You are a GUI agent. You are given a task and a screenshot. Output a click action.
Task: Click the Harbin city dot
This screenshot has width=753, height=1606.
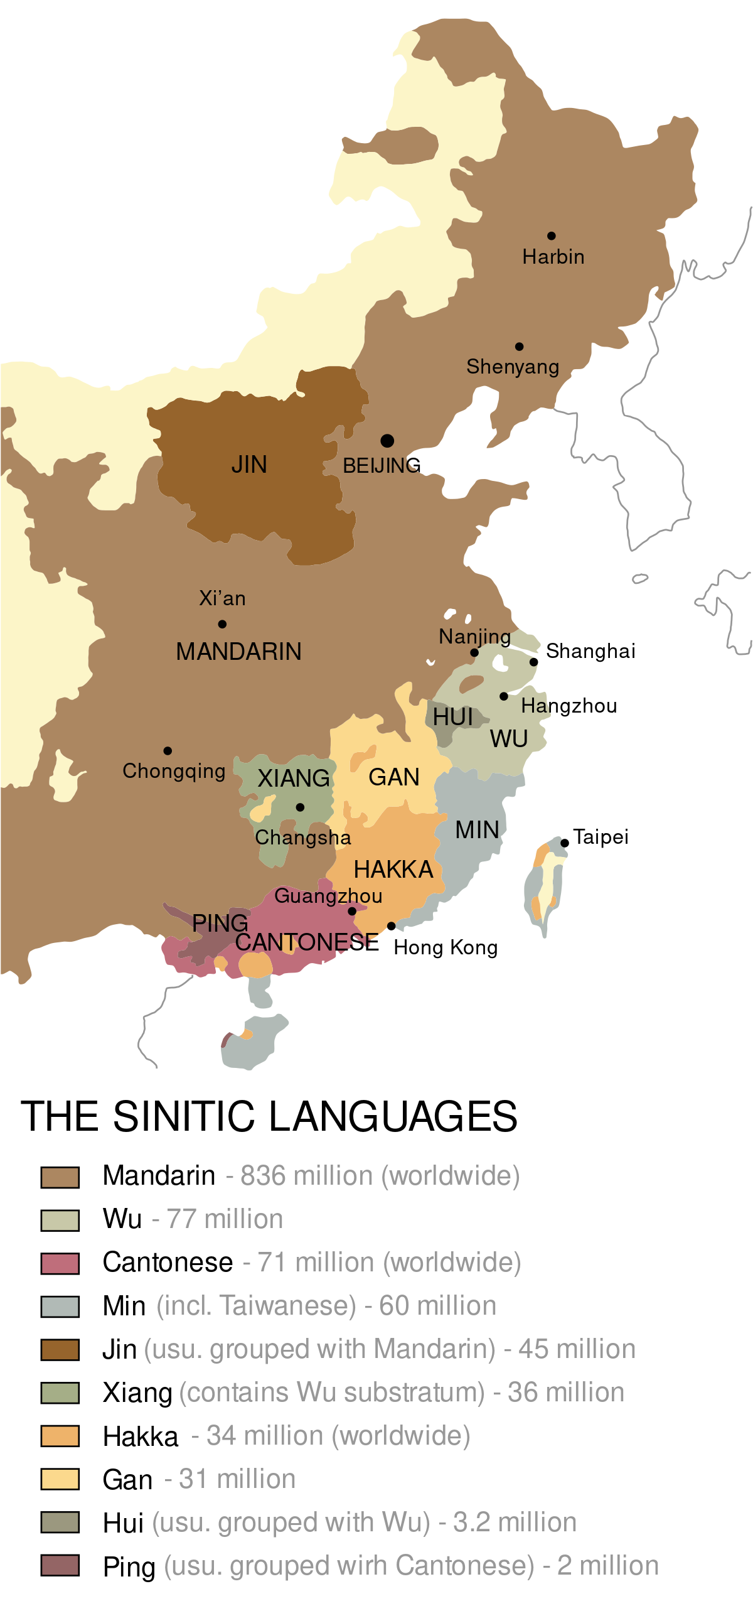click(x=551, y=236)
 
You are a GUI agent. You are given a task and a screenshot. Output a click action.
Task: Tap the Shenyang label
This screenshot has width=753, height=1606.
click(x=513, y=367)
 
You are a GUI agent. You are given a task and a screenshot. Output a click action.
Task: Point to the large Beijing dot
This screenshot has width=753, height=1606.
click(x=387, y=441)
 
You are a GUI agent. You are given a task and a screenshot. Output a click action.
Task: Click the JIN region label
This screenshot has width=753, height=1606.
click(x=249, y=465)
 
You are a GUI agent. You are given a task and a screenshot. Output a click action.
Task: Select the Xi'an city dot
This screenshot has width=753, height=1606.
click(x=222, y=624)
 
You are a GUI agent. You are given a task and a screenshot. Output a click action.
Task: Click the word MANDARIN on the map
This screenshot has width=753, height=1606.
click(x=238, y=652)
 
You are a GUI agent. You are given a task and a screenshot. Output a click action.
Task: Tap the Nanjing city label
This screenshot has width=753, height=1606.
click(x=474, y=637)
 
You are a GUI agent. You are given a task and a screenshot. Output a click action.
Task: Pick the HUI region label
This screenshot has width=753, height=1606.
click(x=452, y=717)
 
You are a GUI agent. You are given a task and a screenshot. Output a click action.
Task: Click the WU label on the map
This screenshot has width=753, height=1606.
click(x=509, y=740)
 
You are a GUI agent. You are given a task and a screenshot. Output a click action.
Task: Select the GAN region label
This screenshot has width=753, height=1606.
click(x=394, y=777)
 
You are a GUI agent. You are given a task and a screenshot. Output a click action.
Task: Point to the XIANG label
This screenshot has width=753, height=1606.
click(x=294, y=779)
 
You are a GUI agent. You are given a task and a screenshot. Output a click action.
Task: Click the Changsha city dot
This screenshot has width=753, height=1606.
click(x=300, y=807)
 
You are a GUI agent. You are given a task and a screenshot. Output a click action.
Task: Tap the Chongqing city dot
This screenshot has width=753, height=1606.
click(x=168, y=751)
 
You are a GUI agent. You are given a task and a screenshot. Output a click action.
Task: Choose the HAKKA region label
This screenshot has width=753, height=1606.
click(x=393, y=870)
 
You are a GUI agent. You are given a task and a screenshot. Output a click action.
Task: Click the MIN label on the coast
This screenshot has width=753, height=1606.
click(x=477, y=830)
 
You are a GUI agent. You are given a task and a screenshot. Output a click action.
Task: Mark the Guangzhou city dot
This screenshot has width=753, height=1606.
click(x=352, y=911)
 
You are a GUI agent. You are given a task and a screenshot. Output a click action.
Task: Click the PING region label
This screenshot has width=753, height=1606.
click(x=220, y=923)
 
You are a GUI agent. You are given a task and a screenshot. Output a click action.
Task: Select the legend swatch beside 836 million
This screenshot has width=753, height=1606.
click(x=60, y=1177)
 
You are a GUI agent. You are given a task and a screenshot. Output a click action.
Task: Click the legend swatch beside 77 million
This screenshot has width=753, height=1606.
click(x=60, y=1221)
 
